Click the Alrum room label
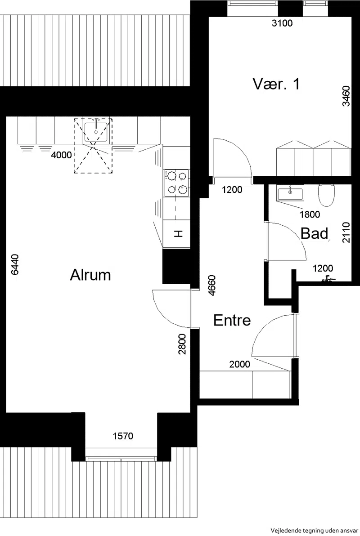pos(90,275)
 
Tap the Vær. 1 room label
pos(276,84)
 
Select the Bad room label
pos(315,233)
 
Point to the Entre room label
pos(232,320)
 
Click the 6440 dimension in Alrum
pos(15,264)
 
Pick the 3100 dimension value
pos(282,23)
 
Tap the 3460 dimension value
pos(346,96)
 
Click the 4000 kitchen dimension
pos(62,155)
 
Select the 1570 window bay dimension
pos(123,436)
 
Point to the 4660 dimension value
pos(212,285)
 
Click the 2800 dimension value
pos(182,344)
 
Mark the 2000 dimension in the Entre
pos(240,364)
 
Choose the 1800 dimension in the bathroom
pos(310,214)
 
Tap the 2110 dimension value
pos(346,232)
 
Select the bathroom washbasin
pos(290,193)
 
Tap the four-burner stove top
pos(177,183)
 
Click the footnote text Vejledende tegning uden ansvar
pos(314,531)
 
